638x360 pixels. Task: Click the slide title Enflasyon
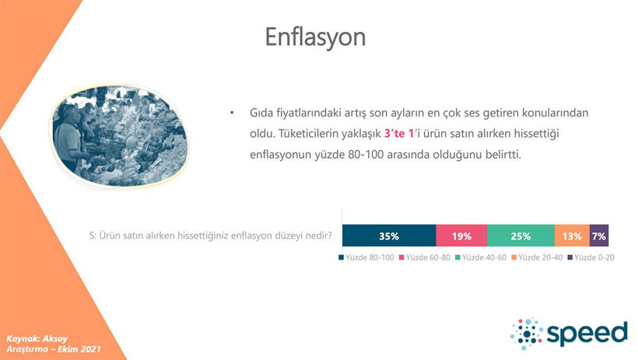point(315,37)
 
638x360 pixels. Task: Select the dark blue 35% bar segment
point(389,236)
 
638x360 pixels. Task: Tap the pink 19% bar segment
point(461,236)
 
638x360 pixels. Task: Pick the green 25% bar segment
point(521,236)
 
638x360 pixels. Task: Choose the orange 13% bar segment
point(572,236)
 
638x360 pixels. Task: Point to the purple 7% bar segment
point(599,236)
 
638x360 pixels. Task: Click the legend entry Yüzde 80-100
point(367,257)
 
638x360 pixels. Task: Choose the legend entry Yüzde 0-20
point(593,257)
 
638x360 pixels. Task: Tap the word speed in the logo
point(587,333)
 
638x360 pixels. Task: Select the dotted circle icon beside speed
point(527,333)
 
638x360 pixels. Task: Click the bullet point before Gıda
point(231,114)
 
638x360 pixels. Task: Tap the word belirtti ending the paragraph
point(496,154)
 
